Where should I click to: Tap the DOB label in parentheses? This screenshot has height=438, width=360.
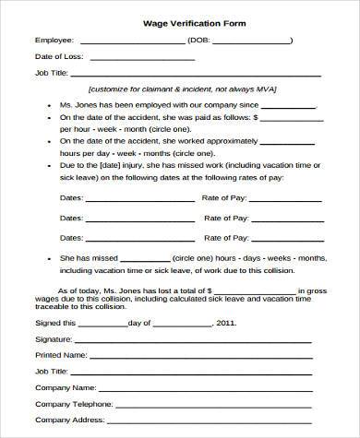click(x=205, y=40)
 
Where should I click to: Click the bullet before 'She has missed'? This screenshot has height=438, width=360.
click(x=48, y=261)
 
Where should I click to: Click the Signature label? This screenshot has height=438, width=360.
click(x=54, y=339)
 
